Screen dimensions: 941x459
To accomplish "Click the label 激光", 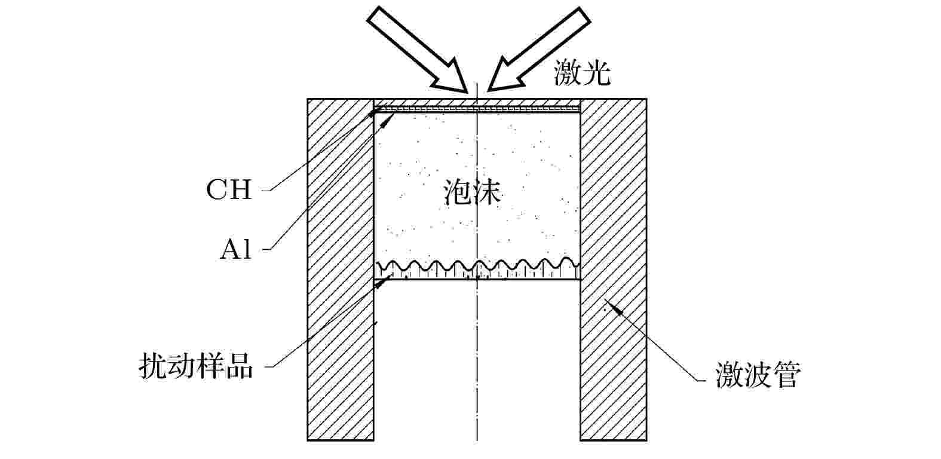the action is pos(582,73).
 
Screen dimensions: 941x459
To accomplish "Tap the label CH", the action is pos(229,189).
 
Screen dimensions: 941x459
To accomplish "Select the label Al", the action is pos(236,250).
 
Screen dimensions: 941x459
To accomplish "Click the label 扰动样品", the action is pos(196,366).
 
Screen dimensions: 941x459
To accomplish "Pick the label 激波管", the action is pos(758,374).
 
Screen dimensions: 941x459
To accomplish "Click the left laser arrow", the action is pos(418,50).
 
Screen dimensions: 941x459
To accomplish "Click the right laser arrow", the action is pos(539,50).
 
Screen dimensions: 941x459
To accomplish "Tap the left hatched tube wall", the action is pos(341,270).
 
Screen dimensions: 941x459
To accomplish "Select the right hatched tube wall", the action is pos(614,270).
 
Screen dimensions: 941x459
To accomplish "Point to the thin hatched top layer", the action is pos(477,103).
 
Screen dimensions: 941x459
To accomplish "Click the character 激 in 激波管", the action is pos(729,374).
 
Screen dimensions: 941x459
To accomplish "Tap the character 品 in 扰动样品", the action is pos(239,366).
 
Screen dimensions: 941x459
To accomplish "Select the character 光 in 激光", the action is pos(596,73).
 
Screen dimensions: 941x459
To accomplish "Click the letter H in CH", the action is pos(240,189).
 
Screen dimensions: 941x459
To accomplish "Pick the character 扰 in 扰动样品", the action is pos(153,366).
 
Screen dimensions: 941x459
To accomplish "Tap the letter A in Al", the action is pos(230,250).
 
